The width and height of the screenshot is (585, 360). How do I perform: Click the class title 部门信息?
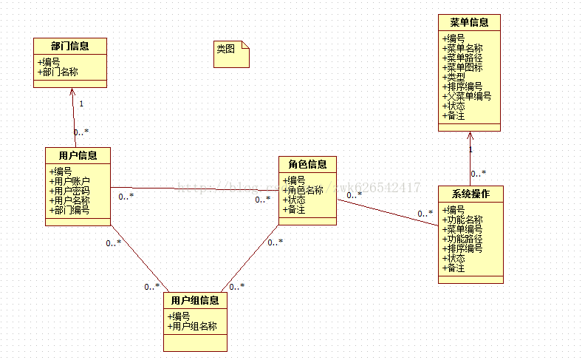point(70,46)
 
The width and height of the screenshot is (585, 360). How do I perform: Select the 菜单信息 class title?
point(469,22)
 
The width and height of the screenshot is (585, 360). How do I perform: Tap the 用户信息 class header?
point(78,155)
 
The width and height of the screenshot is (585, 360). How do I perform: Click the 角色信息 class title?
point(307,163)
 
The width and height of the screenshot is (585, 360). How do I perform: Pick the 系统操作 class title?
point(471,194)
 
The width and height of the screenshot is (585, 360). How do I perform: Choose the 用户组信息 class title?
point(195,300)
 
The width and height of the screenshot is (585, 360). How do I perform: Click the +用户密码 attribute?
point(69,191)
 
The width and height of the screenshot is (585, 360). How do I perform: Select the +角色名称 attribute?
point(303,190)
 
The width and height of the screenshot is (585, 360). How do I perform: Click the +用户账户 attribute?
point(69,181)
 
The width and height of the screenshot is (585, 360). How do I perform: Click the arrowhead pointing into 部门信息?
point(72,92)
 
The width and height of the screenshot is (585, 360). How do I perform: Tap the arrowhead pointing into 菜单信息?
point(470,135)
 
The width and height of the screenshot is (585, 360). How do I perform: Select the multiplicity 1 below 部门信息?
point(81,103)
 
